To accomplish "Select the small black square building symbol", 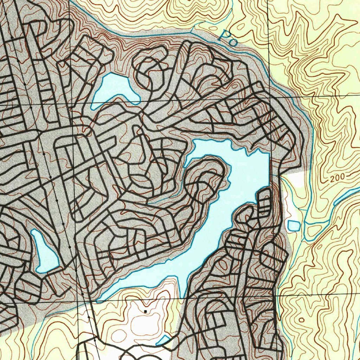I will point(145,311).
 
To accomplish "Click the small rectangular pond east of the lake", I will point(294,225).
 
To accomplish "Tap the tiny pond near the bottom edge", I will point(162,340).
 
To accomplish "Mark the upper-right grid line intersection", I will point(269,97).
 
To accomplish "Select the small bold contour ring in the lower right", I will point(301,320).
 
